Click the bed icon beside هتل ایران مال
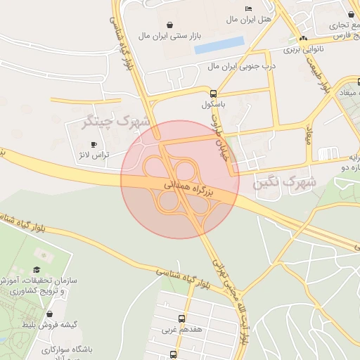(x=248, y=8)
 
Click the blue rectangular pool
(x=219, y=46)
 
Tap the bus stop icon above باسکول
(x=213, y=94)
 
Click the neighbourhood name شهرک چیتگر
(x=117, y=122)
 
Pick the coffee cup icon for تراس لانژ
(x=94, y=144)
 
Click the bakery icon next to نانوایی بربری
(x=303, y=39)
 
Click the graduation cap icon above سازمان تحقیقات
(x=37, y=270)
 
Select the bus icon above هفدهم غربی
(x=182, y=318)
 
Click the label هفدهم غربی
(x=182, y=329)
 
